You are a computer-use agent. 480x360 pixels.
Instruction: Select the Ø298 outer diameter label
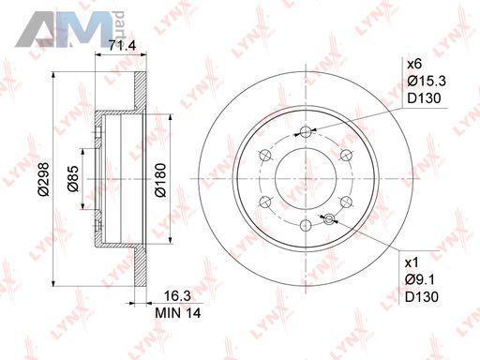(x=44, y=179)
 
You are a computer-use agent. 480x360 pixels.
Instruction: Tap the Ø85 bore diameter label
(x=72, y=179)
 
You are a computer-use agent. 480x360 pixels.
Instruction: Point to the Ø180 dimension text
(x=160, y=180)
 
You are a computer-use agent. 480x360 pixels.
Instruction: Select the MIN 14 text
(x=178, y=313)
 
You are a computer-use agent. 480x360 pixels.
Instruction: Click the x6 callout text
(x=414, y=65)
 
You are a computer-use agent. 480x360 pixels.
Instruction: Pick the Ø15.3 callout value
(x=427, y=82)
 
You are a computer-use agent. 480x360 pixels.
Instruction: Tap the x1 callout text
(x=412, y=262)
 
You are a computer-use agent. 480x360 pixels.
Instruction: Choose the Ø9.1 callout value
(x=420, y=280)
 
